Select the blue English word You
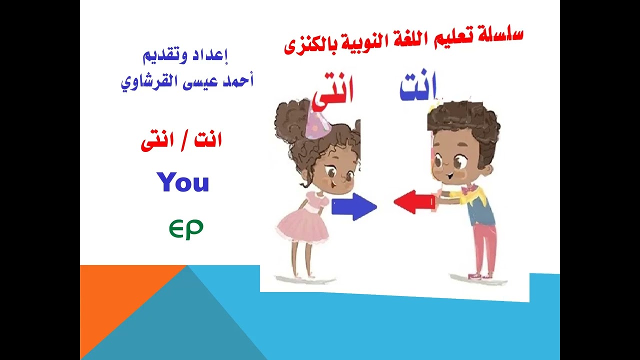(182, 182)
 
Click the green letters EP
(185, 229)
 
